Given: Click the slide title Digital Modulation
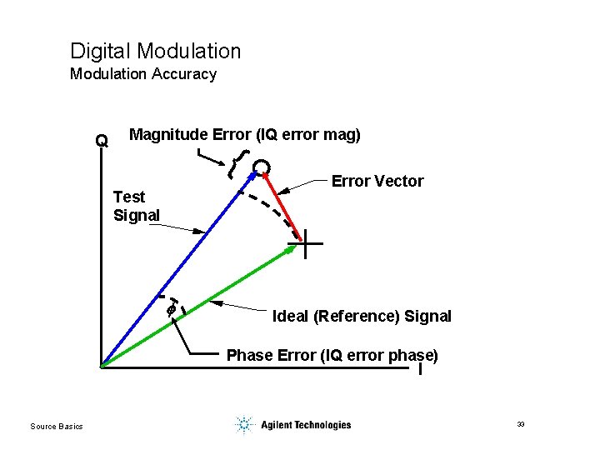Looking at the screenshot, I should (155, 52).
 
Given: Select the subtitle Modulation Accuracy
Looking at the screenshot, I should (142, 74).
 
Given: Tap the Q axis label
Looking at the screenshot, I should (102, 141).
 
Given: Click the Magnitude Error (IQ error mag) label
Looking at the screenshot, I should (245, 135).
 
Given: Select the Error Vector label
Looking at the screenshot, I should (377, 181).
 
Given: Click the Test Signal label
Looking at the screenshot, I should (136, 206).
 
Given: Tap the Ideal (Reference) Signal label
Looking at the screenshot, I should (362, 316).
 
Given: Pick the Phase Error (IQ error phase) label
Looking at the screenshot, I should (332, 355).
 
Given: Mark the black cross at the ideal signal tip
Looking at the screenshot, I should (305, 244).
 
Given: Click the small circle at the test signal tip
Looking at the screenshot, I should (262, 168).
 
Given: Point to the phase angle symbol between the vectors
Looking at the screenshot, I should (171, 308).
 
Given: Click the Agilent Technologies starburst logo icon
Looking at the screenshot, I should (243, 425).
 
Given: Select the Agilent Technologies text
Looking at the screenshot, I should (306, 425).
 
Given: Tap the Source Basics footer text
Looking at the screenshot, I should (57, 427).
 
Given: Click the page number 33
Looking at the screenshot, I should (520, 425).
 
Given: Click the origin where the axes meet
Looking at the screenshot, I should (99, 366).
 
